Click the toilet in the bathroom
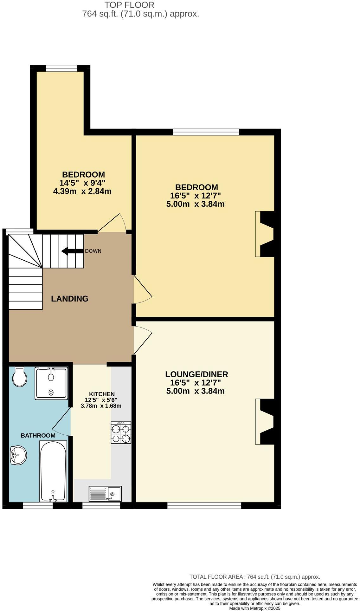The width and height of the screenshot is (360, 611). [19, 377]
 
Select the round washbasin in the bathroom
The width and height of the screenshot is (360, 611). [18, 455]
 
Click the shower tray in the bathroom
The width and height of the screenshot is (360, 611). [51, 382]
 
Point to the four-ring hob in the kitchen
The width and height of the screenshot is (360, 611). [121, 432]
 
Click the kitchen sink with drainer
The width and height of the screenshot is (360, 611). [106, 493]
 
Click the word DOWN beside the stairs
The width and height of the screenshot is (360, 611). [93, 251]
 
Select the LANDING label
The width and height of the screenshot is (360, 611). [70, 298]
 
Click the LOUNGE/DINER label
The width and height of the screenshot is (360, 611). [196, 374]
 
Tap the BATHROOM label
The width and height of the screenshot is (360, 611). [38, 435]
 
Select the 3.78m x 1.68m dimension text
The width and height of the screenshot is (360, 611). [101, 406]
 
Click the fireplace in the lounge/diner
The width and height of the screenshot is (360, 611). [265, 421]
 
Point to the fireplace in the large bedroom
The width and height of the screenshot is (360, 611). [265, 234]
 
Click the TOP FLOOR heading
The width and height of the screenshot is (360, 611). [129, 5]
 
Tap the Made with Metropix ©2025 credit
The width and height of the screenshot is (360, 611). [255, 608]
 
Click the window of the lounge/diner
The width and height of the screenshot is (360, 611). [204, 505]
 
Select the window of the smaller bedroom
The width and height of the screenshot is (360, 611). [61, 68]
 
